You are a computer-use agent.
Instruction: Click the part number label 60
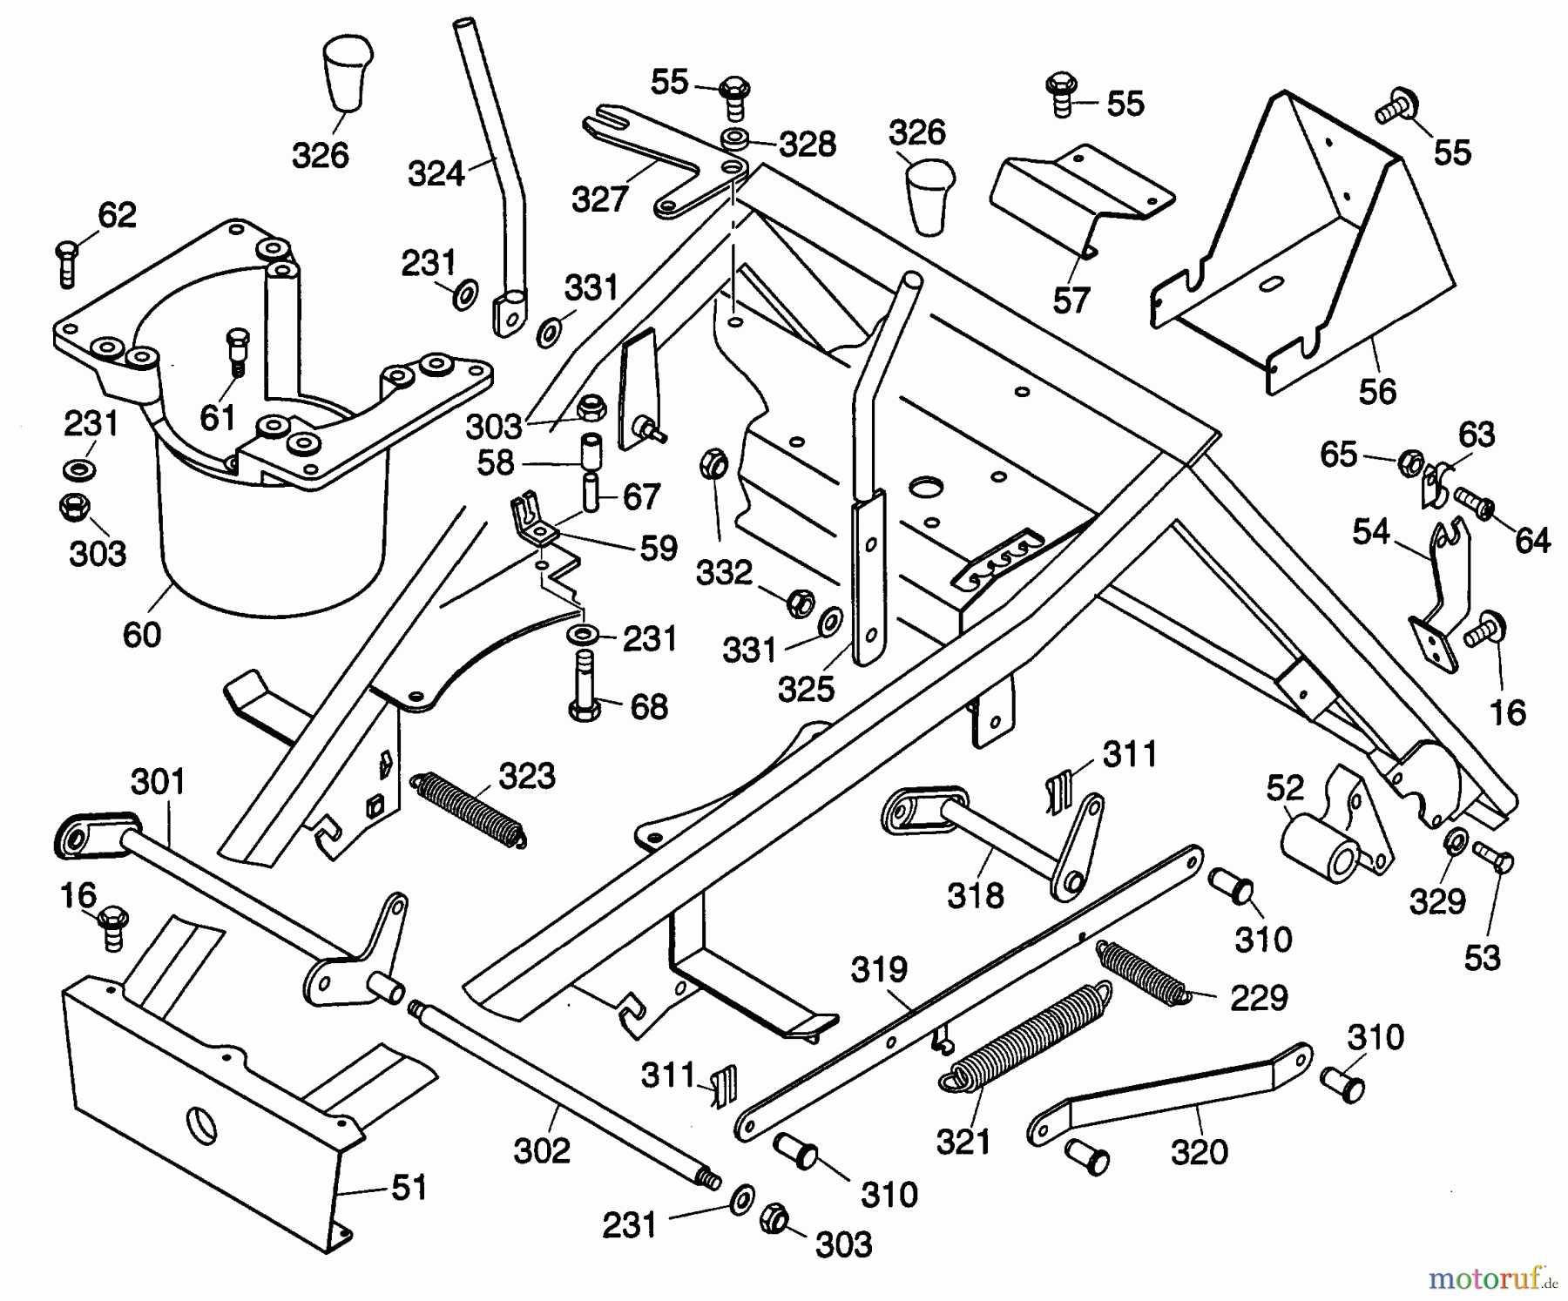pyautogui.click(x=142, y=634)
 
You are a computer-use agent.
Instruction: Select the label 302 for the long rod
pyautogui.click(x=542, y=1150)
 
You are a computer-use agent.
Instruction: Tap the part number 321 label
pyautogui.click(x=963, y=1141)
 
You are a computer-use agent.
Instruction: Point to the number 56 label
pyautogui.click(x=1377, y=391)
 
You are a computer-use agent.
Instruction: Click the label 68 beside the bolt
pyautogui.click(x=649, y=706)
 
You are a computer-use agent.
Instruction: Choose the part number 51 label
pyautogui.click(x=409, y=1187)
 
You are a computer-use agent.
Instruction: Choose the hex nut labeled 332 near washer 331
pyautogui.click(x=800, y=603)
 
